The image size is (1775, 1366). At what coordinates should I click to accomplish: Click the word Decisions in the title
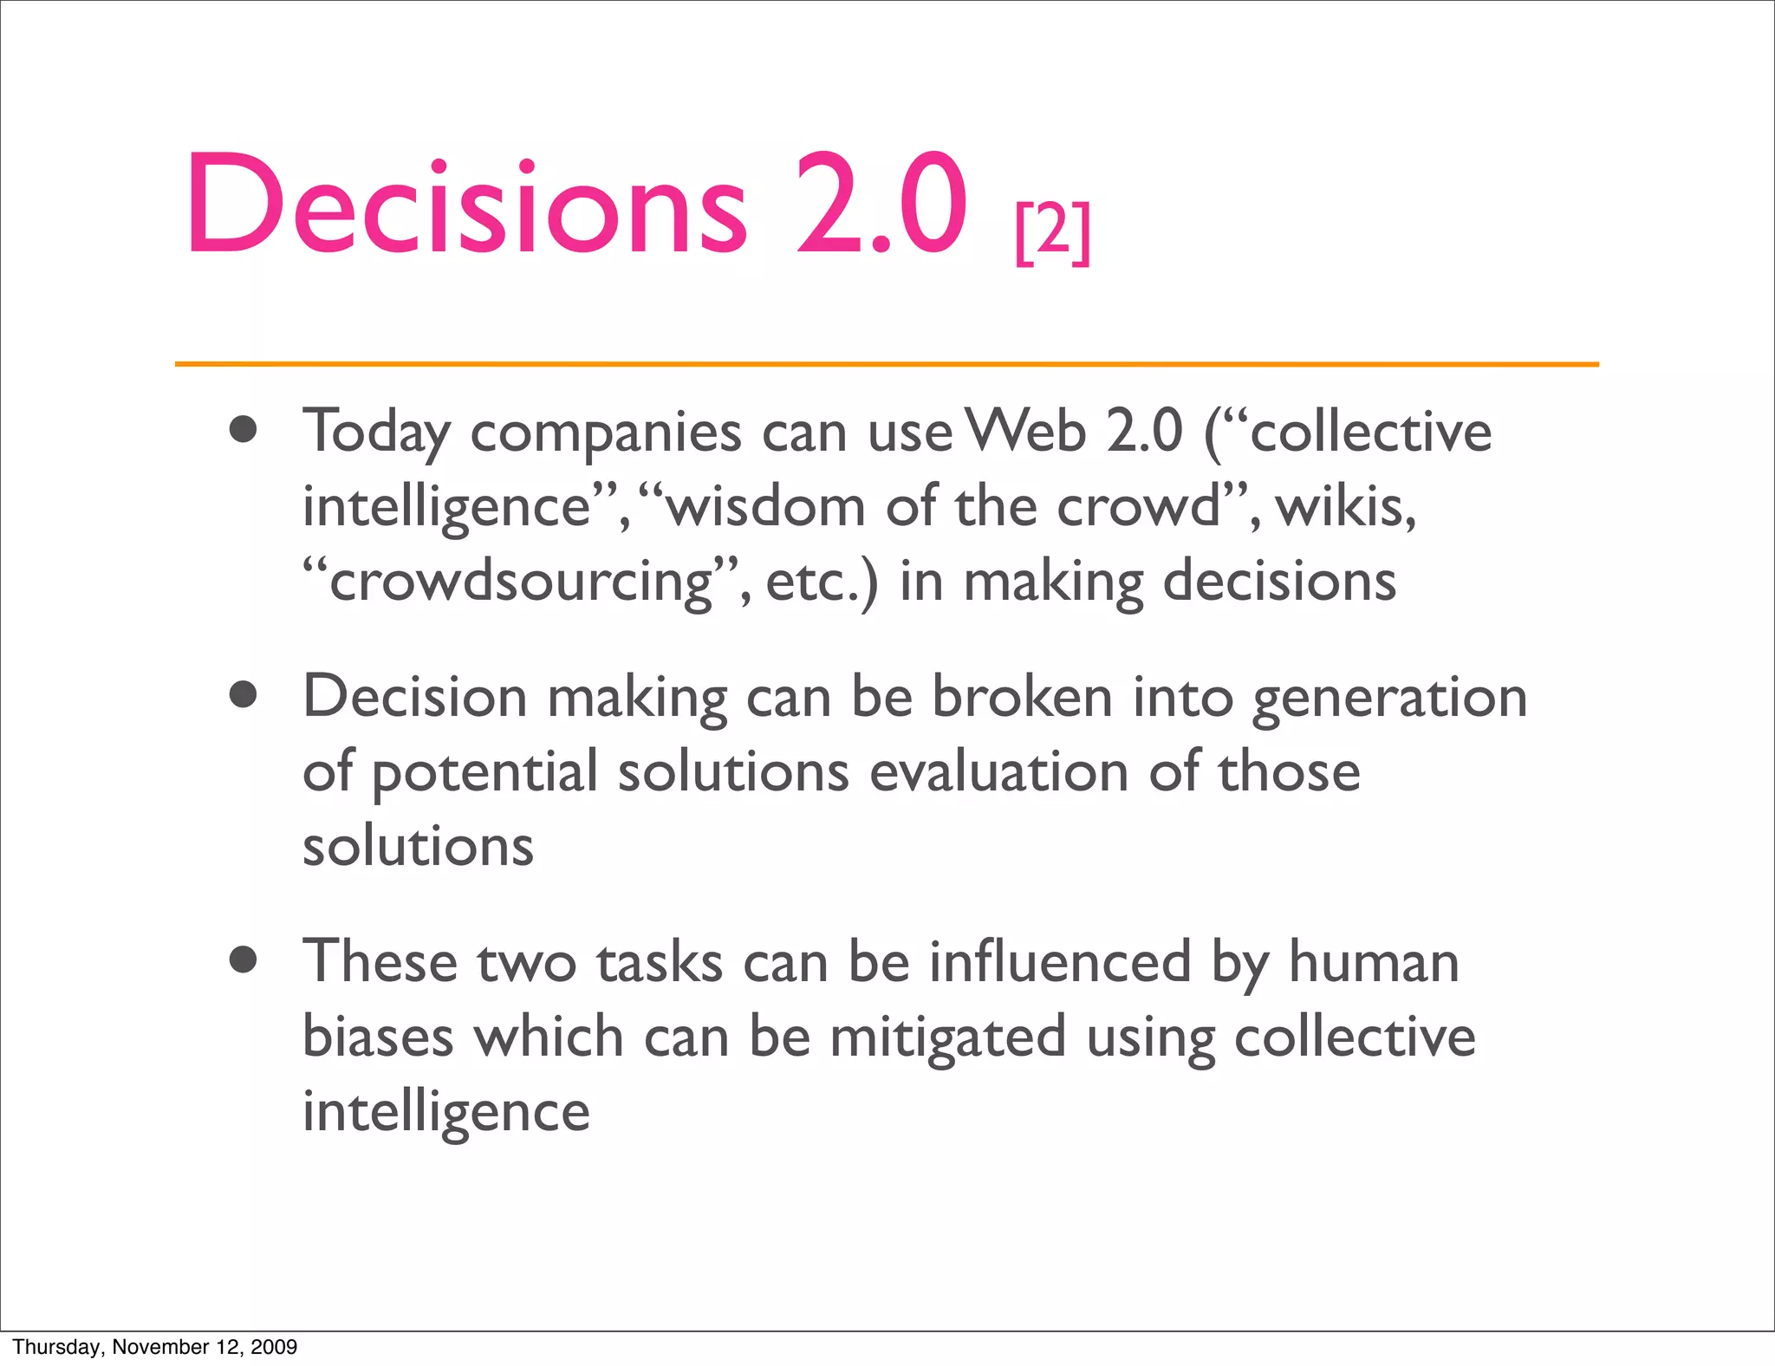(x=466, y=205)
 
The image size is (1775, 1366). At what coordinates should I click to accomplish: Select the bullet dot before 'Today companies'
(x=244, y=430)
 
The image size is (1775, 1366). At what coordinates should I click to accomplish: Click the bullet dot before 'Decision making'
(x=244, y=695)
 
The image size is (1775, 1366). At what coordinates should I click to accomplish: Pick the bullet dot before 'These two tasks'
(x=244, y=960)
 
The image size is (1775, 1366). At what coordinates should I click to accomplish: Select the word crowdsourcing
(x=521, y=581)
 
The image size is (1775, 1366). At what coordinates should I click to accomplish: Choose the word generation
(x=1389, y=699)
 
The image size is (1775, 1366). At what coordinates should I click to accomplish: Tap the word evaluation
(x=998, y=771)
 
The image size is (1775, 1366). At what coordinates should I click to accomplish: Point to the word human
(x=1374, y=962)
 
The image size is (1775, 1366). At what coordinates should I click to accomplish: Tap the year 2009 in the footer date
(x=273, y=1347)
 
